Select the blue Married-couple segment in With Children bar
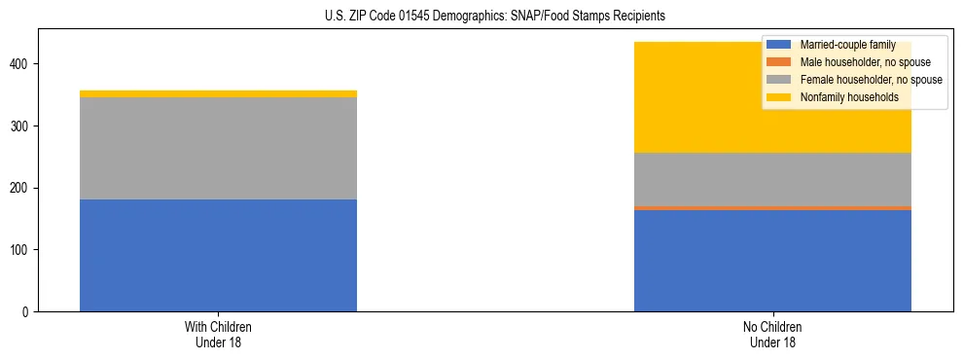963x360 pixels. click(x=218, y=255)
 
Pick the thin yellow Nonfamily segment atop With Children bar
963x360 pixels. click(x=218, y=93)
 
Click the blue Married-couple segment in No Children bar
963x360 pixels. click(x=772, y=261)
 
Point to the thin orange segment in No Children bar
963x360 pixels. click(x=772, y=207)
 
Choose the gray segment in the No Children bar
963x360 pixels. click(x=772, y=179)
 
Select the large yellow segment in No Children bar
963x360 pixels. click(x=681, y=97)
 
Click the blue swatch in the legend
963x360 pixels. click(x=780, y=46)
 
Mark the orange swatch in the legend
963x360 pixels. click(x=780, y=62)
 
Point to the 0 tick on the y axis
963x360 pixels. click(x=29, y=312)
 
